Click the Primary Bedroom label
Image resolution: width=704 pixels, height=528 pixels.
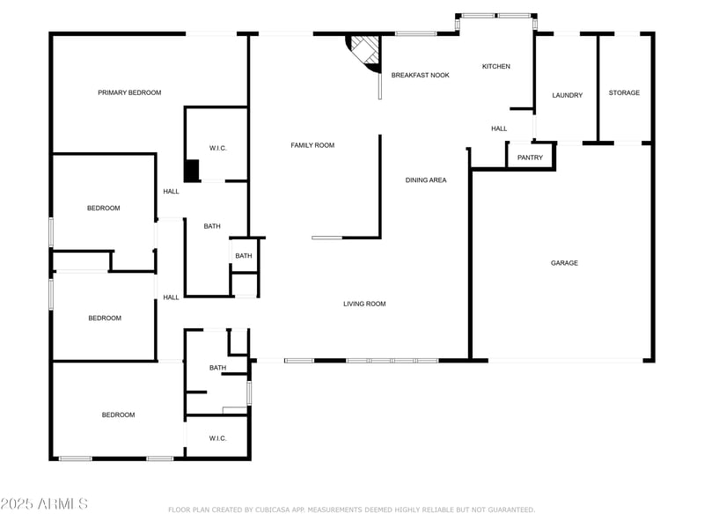(x=129, y=92)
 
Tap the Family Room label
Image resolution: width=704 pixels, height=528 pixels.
(x=312, y=145)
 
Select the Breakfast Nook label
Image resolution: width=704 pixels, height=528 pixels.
(x=420, y=76)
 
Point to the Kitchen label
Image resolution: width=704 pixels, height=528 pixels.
(x=495, y=67)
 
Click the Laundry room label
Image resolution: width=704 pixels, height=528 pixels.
(x=567, y=95)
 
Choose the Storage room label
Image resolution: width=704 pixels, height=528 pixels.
(x=624, y=92)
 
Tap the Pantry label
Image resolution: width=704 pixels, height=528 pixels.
(x=530, y=158)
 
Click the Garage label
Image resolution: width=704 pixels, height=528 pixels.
(x=564, y=262)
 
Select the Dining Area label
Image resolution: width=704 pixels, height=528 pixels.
(x=426, y=180)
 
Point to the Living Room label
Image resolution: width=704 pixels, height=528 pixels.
(x=364, y=304)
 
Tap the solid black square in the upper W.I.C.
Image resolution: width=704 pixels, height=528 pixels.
(x=191, y=170)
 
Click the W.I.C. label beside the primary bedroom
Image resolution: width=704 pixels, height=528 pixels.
(x=217, y=148)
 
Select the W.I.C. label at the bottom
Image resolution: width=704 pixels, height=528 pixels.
(x=217, y=437)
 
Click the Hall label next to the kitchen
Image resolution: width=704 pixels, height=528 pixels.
(x=499, y=128)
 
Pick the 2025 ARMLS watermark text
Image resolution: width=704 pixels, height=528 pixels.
(x=44, y=504)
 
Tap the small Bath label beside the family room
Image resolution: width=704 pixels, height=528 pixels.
(x=243, y=256)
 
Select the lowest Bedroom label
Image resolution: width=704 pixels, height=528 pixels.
(x=118, y=414)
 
